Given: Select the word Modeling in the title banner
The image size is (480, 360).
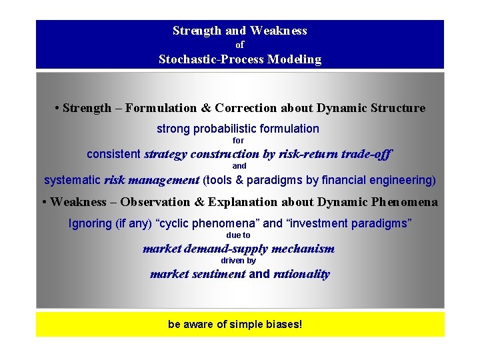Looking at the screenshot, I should (x=294, y=59).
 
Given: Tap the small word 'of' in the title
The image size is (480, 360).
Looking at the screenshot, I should (x=240, y=45).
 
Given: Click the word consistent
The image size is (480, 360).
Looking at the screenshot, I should (x=114, y=155).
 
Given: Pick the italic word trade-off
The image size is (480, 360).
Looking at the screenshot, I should (x=366, y=155).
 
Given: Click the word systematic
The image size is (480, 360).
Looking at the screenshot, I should (x=72, y=180).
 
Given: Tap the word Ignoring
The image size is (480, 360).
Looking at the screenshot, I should (x=91, y=223).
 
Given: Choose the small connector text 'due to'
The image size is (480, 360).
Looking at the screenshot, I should (x=239, y=235).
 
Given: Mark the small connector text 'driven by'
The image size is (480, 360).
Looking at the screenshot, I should (x=239, y=261).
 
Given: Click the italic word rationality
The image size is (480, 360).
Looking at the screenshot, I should (x=301, y=275).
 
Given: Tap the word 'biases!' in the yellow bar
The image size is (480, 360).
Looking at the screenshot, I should (x=283, y=325).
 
